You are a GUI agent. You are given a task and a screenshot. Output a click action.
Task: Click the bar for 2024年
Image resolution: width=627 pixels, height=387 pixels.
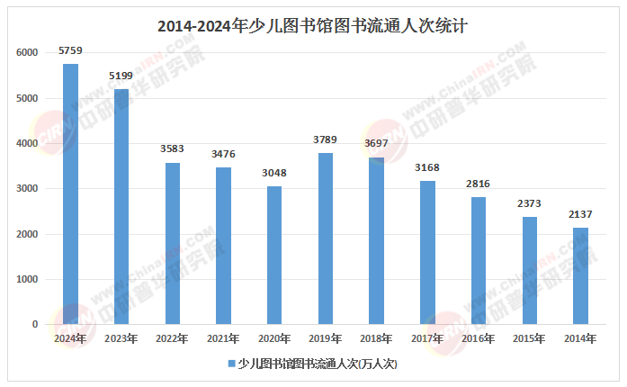(x=70, y=193)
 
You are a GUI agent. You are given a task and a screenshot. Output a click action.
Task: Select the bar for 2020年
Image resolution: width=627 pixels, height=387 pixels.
(x=274, y=256)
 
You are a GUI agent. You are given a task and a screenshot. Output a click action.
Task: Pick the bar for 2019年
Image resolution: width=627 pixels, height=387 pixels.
(x=326, y=238)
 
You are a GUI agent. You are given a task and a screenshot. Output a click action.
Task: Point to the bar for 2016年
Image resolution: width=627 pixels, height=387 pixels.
(x=479, y=261)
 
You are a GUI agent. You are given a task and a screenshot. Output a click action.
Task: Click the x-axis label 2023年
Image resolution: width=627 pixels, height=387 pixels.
(x=121, y=339)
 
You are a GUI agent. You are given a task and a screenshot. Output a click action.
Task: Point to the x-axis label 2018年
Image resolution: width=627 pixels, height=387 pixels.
(x=377, y=339)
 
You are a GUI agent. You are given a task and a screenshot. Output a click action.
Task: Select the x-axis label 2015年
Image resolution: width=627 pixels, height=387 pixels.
(x=530, y=339)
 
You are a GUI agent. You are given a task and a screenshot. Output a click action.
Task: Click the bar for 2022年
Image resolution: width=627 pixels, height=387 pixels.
(x=173, y=243)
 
